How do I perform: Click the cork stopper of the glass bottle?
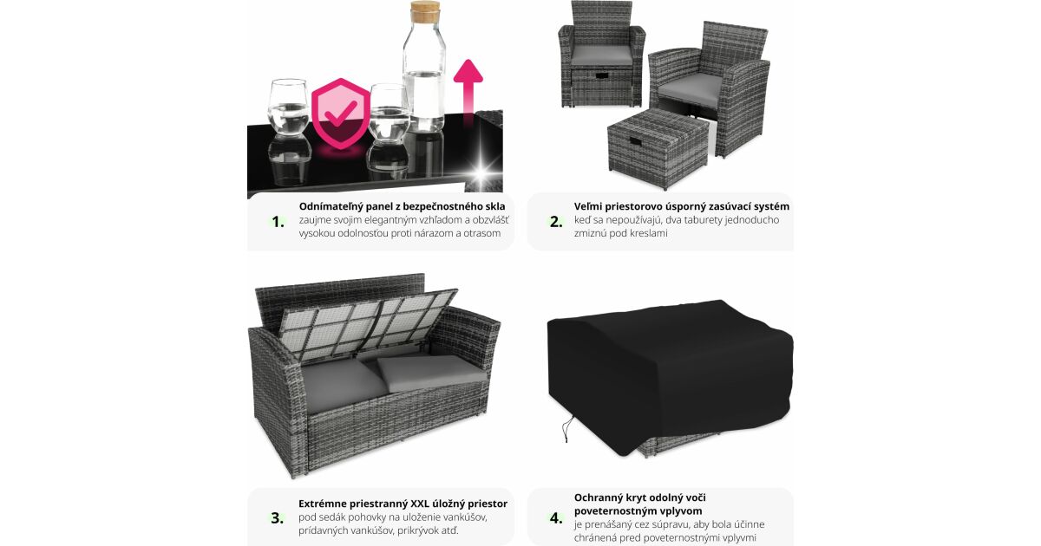[425, 11]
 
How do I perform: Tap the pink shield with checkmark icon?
[341, 114]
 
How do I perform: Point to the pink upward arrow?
[468, 88]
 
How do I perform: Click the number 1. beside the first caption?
[278, 222]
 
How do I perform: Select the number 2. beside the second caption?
[556, 222]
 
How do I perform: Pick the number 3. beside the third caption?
[278, 518]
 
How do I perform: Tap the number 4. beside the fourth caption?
[556, 518]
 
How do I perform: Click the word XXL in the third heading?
[420, 504]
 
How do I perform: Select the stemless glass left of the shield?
[288, 107]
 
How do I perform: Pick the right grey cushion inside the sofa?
[430, 372]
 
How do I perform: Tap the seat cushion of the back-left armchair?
[601, 55]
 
